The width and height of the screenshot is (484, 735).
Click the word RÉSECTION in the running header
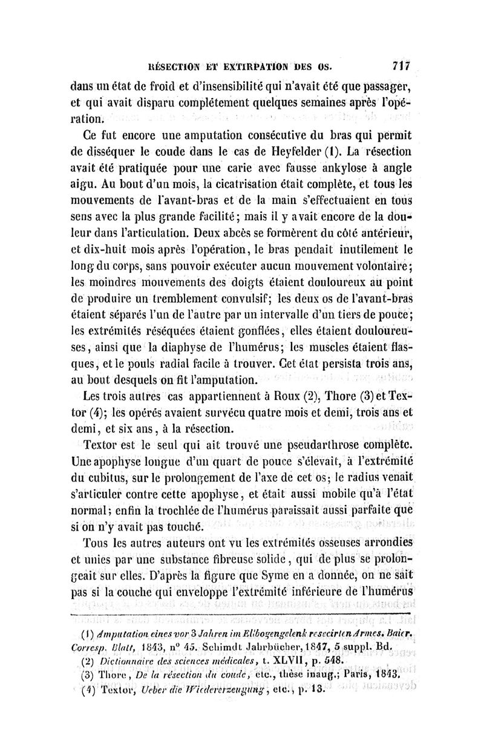(172, 65)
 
